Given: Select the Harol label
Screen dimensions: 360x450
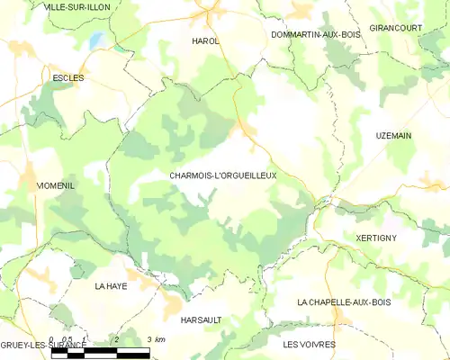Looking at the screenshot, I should coord(205,41).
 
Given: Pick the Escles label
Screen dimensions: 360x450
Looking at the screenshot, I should coord(68,78).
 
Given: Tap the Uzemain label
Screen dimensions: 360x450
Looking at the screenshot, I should coord(394,135).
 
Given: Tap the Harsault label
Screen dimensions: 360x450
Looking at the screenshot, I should coord(201,319).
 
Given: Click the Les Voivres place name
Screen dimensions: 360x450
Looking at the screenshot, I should coord(309,345).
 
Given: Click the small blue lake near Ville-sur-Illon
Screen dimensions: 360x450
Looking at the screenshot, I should coord(96,40).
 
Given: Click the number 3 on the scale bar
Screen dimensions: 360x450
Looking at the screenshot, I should coord(148,339).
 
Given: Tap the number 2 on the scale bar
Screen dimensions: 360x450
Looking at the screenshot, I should coord(116,339).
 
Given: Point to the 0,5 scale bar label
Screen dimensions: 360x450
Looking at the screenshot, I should coord(67,339).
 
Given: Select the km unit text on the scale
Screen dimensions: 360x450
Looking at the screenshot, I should coord(160,339).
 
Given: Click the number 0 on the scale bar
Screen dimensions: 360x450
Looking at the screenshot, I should coord(52,339).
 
